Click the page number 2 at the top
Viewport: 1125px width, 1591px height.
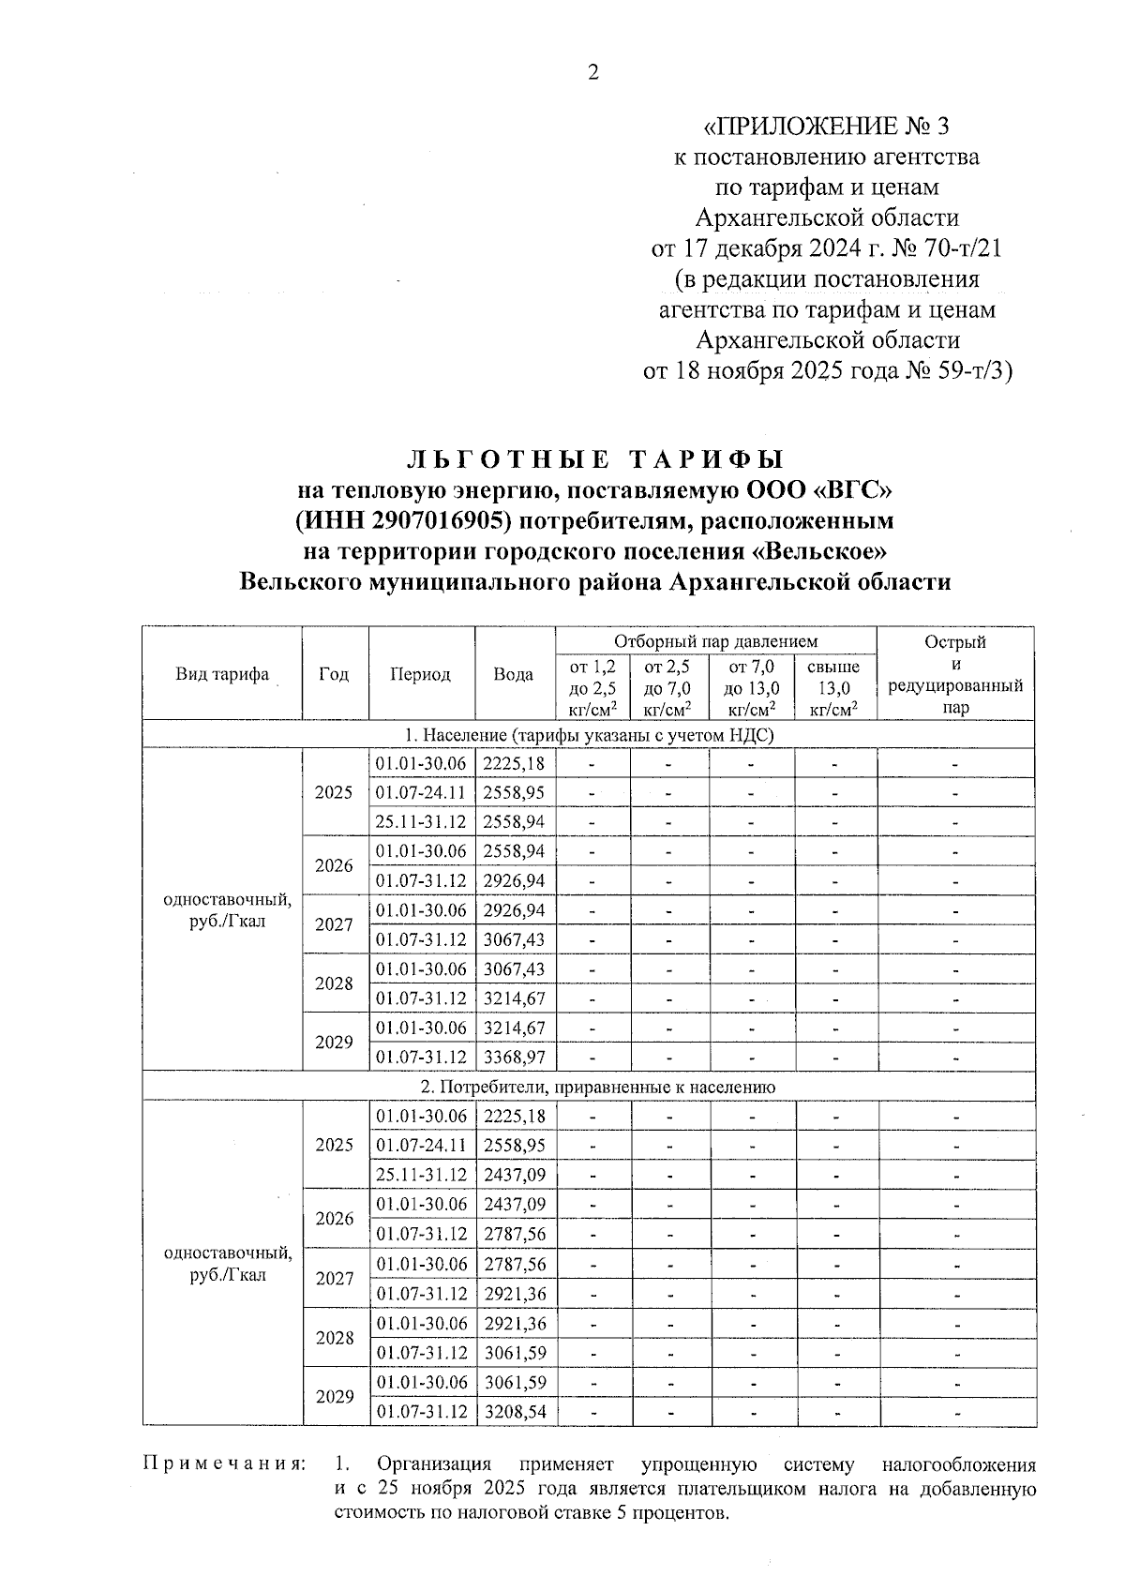point(592,73)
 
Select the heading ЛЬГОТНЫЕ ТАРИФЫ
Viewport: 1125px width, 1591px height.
point(594,459)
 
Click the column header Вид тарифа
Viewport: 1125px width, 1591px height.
point(222,674)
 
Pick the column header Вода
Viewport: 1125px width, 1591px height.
point(514,674)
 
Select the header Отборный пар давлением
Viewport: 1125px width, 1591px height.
point(715,641)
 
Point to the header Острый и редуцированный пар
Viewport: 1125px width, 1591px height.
point(954,674)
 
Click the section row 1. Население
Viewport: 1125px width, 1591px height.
point(589,735)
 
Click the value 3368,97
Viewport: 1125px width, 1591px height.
point(514,1057)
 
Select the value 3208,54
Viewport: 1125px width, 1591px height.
point(515,1411)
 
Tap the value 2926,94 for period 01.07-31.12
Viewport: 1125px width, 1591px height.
point(514,880)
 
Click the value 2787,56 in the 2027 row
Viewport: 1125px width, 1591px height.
point(515,1264)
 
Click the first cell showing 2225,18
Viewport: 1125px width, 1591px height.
point(514,763)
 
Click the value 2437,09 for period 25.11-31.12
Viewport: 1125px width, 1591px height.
point(515,1175)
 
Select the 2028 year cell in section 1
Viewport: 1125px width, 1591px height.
point(334,983)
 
